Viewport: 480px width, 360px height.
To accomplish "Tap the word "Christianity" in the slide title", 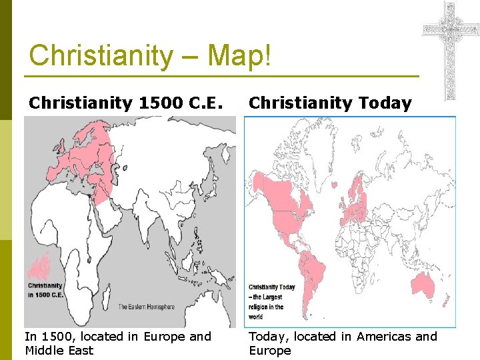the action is click(x=100, y=55).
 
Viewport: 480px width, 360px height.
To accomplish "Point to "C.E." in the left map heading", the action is click(x=210, y=103).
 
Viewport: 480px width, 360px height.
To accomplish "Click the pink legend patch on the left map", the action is click(x=40, y=267).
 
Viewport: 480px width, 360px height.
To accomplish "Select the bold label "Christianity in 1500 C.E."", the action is click(x=45, y=290).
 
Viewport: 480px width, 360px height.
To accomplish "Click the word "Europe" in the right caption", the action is click(x=270, y=351).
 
